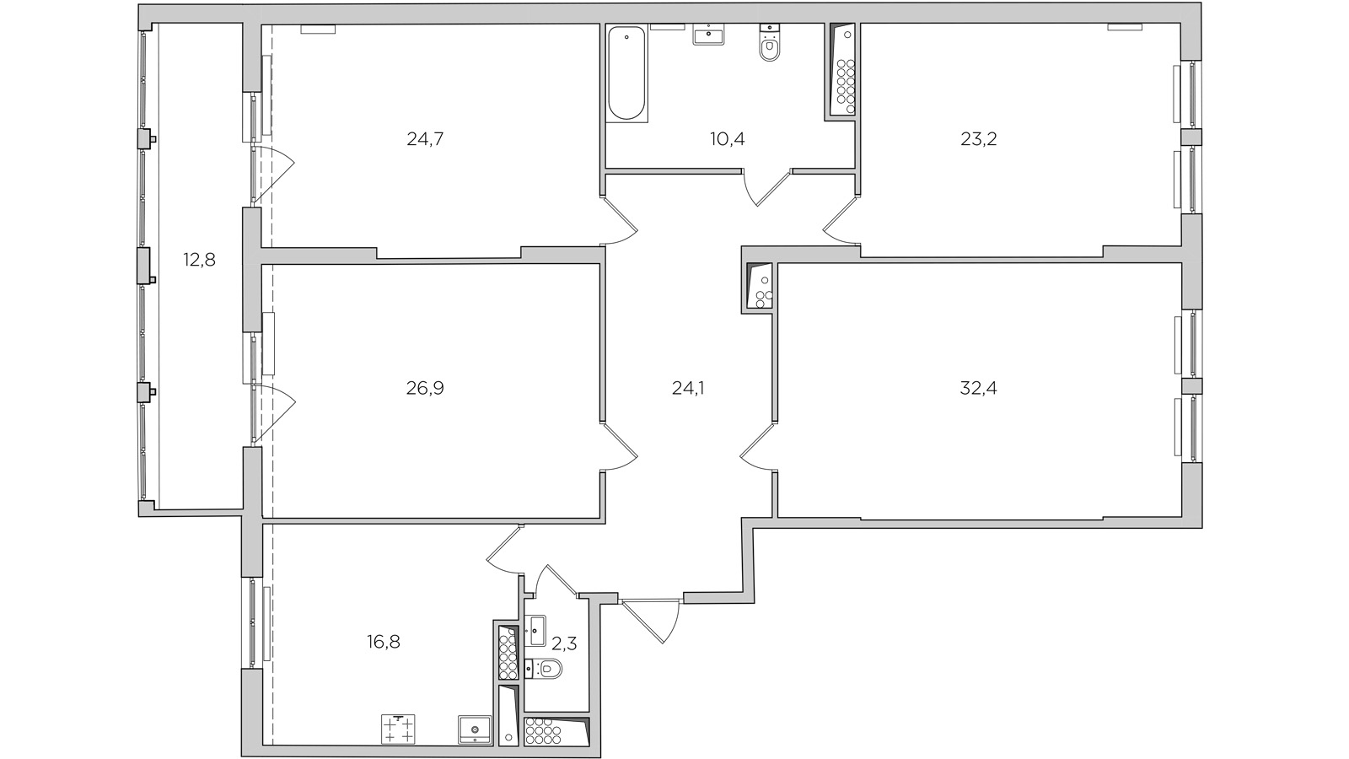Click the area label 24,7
[x=425, y=139]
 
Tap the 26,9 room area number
[x=425, y=388]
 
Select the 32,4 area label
[x=979, y=388]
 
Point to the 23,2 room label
[x=979, y=139]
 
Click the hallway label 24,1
[x=688, y=388]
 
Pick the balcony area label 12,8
[x=199, y=261]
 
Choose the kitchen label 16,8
[x=384, y=642]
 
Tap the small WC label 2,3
[x=564, y=644]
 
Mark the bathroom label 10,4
[x=728, y=139]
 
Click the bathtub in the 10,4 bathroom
[x=627, y=73]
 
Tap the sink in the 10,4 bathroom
[x=707, y=35]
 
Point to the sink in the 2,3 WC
[x=535, y=631]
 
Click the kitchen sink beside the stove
[x=475, y=729]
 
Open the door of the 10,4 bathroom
[x=766, y=188]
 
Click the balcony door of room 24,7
[x=271, y=175]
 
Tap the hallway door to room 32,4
[x=759, y=447]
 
